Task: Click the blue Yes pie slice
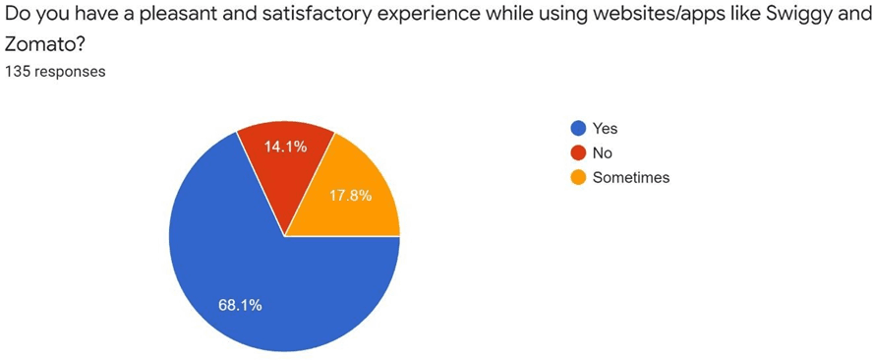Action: (246, 285)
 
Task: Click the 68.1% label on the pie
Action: (240, 305)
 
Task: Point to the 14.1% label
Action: (285, 147)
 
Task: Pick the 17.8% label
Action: (350, 195)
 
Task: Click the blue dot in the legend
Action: (578, 128)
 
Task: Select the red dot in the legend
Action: (578, 152)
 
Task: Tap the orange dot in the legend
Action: (578, 177)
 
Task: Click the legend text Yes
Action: (605, 128)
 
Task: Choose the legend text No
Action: (602, 152)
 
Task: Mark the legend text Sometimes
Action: (630, 177)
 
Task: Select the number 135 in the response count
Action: (18, 72)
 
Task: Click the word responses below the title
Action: (70, 72)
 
